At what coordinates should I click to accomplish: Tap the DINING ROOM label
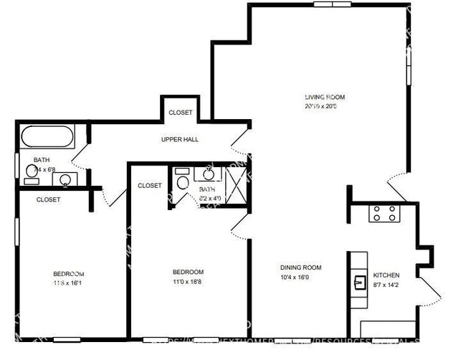300,267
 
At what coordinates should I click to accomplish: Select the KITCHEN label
386,275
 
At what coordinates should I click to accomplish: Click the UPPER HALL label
181,139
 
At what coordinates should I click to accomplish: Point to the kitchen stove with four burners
384,213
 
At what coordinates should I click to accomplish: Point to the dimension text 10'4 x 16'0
300,278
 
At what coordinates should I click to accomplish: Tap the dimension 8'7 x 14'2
386,285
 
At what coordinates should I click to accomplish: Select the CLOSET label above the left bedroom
48,200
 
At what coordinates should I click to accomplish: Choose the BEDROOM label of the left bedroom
69,274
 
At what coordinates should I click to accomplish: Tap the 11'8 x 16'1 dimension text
69,283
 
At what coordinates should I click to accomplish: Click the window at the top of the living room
332,4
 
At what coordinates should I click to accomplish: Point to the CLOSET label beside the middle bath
150,186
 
